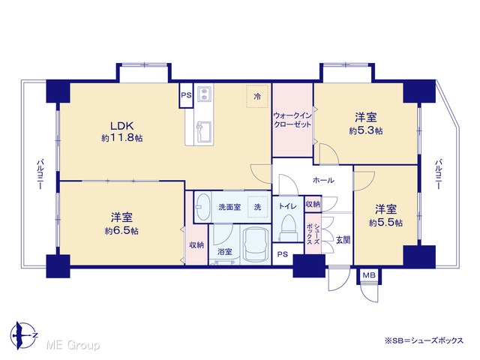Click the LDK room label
(121, 126)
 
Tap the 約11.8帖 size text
(121, 138)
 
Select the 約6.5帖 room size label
(121, 230)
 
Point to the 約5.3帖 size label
(365, 130)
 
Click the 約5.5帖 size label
(385, 223)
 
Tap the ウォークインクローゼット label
(292, 120)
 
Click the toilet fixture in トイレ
(288, 228)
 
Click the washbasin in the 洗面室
(202, 207)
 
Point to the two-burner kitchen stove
(203, 94)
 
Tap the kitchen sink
(204, 132)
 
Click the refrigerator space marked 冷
(258, 97)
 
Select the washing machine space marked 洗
(258, 207)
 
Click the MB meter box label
(369, 275)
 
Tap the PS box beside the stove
(186, 95)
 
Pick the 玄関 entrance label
(343, 240)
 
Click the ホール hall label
(323, 180)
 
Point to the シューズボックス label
(313, 233)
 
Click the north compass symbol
(23, 335)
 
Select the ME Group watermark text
(73, 345)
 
